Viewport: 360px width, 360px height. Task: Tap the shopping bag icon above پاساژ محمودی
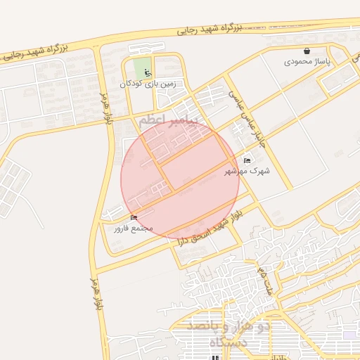pyautogui.click(x=307, y=51)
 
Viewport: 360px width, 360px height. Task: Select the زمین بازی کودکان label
pyautogui.click(x=147, y=84)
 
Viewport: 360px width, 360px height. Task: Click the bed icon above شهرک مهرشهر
pyautogui.click(x=247, y=160)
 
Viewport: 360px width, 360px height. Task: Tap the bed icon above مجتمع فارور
pyautogui.click(x=134, y=217)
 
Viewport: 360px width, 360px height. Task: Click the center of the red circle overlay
pyautogui.click(x=180, y=180)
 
